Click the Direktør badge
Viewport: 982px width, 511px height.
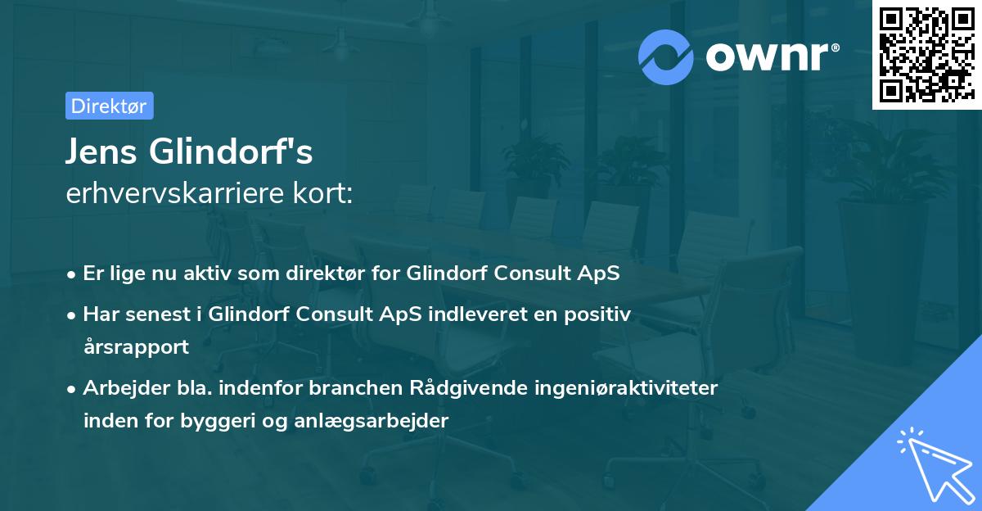(109, 106)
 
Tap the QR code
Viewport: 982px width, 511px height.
(926, 55)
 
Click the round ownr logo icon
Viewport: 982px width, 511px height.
(666, 57)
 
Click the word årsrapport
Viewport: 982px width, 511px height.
(136, 346)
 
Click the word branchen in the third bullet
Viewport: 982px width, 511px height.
(348, 387)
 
